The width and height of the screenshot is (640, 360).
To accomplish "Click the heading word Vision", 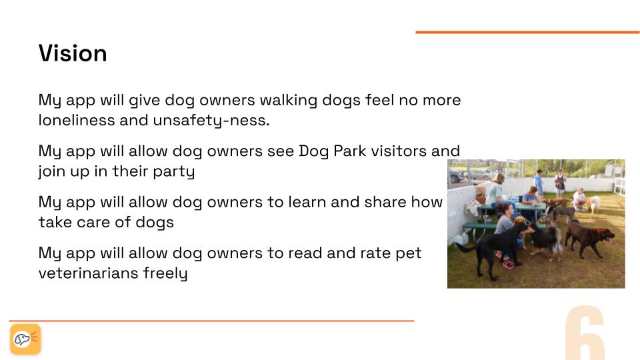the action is pos(73,53).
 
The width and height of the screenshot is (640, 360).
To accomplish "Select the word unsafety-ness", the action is pos(211,121).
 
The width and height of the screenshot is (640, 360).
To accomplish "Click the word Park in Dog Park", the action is pos(350,151).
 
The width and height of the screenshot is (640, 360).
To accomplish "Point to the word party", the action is pos(174,172).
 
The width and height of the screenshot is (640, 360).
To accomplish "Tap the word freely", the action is pos(165,273).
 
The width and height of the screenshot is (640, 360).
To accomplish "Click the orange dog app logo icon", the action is pos(25,339).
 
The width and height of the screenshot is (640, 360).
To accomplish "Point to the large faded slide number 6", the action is pos(585,333).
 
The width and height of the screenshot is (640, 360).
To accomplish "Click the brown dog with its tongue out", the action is pos(589,238).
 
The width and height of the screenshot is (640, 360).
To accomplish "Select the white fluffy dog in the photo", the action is pos(594,204).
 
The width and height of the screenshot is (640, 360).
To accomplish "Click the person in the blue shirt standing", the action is pos(539,184).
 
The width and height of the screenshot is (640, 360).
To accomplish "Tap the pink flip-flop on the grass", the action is pos(508,265).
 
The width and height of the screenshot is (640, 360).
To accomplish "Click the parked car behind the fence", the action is pos(456,176).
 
